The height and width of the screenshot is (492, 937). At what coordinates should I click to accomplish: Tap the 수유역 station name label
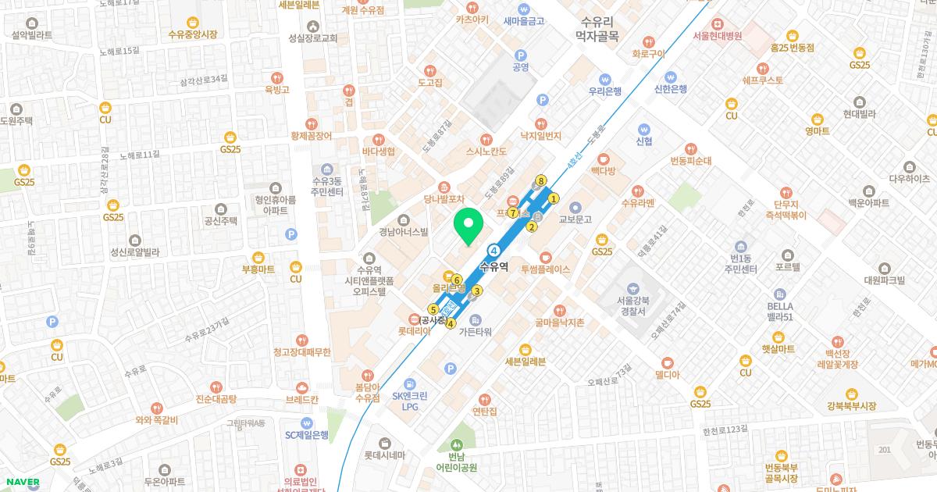493,266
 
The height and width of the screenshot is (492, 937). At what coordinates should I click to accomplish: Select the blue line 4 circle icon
494,251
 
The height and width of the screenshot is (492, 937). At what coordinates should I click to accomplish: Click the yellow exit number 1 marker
554,198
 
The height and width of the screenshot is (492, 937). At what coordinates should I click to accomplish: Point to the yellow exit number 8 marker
540,180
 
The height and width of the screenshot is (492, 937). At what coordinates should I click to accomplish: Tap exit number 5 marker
433,309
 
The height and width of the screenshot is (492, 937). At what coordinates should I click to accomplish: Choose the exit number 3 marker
476,291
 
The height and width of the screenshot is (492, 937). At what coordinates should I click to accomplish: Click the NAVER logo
21,482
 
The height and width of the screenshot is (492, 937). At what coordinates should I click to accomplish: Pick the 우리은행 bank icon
604,78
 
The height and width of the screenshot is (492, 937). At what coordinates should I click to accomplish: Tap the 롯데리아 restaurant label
415,330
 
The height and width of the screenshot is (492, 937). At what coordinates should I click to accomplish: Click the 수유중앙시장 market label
193,34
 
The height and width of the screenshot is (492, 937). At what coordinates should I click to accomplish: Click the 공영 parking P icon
521,55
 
